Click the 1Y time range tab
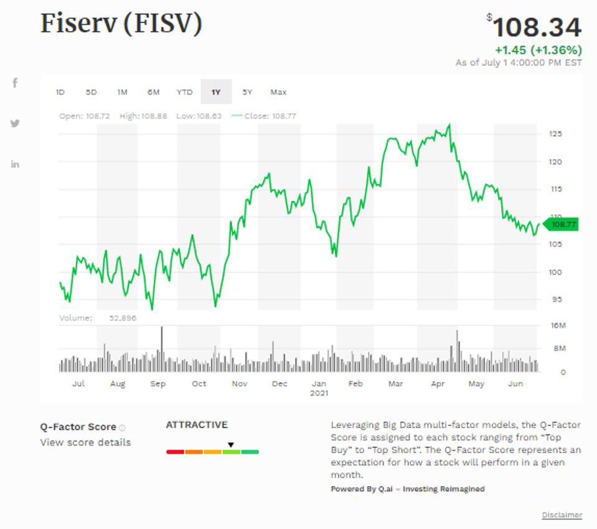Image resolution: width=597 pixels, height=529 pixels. point(216,92)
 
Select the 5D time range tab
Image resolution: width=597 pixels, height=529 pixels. point(92,92)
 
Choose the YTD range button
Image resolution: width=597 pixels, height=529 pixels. point(184,92)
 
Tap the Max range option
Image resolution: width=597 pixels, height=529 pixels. point(278,92)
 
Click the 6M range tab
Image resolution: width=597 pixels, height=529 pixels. point(153,92)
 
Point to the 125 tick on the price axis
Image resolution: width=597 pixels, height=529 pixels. point(555,134)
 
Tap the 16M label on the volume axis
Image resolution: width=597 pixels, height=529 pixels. point(558,326)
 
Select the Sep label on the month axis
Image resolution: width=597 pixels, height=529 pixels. point(158,384)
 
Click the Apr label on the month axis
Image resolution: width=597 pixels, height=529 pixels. point(436,384)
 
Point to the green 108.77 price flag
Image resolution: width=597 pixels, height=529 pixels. point(562,224)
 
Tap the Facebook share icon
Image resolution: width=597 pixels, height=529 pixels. point(15,83)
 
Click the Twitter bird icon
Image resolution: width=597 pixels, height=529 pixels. point(15,123)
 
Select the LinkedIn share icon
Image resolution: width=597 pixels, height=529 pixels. point(15,164)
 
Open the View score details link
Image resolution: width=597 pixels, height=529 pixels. point(85,442)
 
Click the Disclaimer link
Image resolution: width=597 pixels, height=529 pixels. point(562,515)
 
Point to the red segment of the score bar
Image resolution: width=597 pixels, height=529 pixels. point(175,452)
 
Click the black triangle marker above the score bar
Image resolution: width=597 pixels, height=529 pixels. point(230,445)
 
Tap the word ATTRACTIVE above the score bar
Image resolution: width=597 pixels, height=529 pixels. point(197,425)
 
